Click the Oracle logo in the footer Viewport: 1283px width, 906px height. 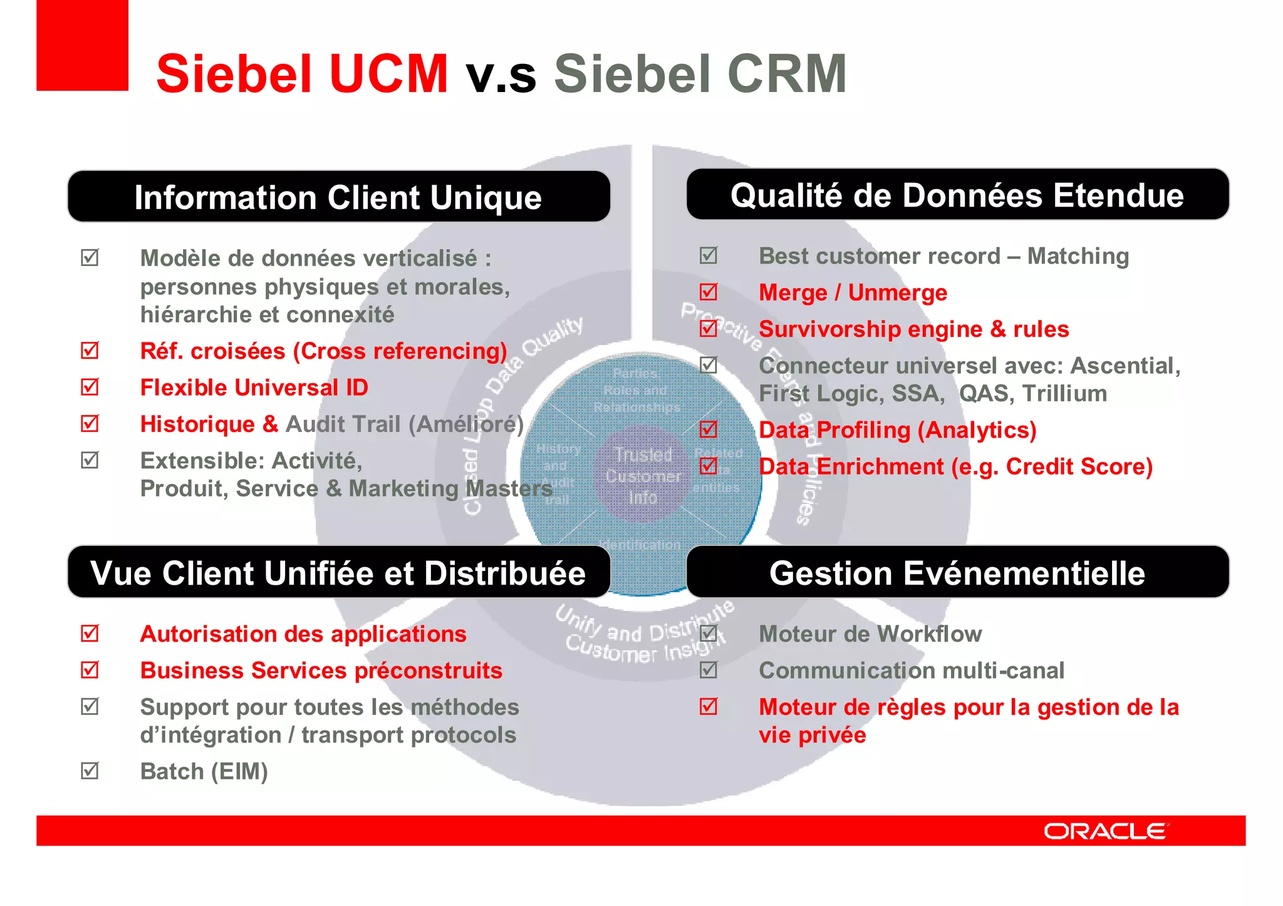click(x=1105, y=831)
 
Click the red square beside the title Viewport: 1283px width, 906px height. click(x=82, y=45)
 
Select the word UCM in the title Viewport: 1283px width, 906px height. click(x=389, y=74)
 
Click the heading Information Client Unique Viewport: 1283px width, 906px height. click(x=338, y=197)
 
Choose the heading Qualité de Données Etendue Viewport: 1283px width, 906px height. click(x=957, y=195)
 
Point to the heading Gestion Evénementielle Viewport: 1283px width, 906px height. click(x=957, y=573)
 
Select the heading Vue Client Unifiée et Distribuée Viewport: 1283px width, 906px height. click(x=338, y=573)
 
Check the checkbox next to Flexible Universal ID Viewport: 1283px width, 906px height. click(x=90, y=387)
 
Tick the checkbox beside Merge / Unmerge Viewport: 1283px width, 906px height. click(x=709, y=292)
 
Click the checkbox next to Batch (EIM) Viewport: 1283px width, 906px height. click(x=90, y=770)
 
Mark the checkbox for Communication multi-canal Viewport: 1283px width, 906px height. click(x=709, y=670)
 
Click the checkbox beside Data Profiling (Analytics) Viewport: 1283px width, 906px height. click(x=709, y=429)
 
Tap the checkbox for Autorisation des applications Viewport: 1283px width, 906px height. click(x=90, y=633)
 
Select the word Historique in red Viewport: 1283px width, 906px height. click(x=197, y=425)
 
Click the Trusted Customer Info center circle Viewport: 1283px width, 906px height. click(x=643, y=476)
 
